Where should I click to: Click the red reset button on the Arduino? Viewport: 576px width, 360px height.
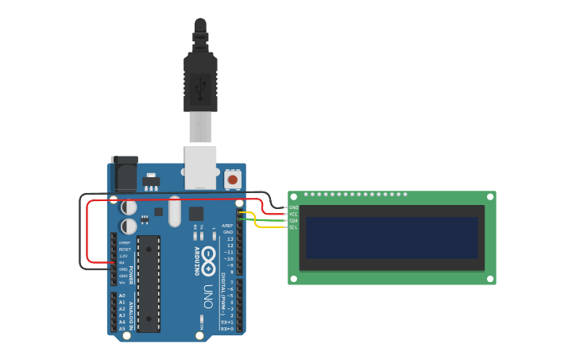[232, 180]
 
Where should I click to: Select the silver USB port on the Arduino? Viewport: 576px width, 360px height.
[200, 166]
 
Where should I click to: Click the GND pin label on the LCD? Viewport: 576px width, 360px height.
[293, 207]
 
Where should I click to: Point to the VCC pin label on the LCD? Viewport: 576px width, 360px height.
[293, 214]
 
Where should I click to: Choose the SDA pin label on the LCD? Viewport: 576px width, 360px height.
[293, 221]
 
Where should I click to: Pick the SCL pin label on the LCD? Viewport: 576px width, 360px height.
[293, 227]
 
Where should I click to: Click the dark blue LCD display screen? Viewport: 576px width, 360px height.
[392, 238]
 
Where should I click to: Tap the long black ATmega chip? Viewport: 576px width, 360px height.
[149, 284]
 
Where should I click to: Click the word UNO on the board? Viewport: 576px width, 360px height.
[208, 296]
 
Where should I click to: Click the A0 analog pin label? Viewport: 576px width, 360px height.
[122, 296]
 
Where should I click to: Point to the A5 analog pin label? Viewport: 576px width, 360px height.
[122, 328]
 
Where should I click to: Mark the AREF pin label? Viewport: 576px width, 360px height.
[228, 226]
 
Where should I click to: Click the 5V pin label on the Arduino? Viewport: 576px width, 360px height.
[122, 262]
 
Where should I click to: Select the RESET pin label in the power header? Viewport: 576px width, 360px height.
[125, 250]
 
